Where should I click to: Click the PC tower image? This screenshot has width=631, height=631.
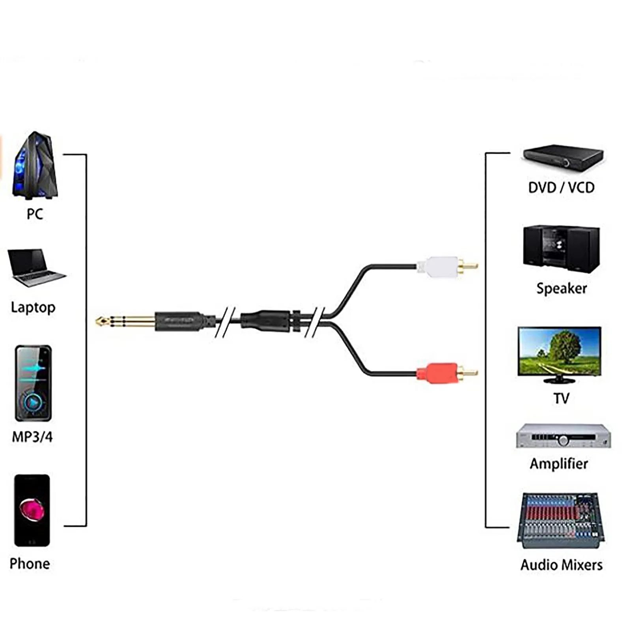[x=35, y=166]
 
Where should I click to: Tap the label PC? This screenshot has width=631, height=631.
[x=35, y=214]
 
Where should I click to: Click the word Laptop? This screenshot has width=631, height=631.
[x=33, y=307]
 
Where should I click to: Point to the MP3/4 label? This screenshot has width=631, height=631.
[x=32, y=437]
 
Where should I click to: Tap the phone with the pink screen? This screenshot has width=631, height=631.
[x=32, y=510]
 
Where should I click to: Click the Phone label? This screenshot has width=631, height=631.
[x=30, y=564]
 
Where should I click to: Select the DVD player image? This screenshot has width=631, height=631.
[x=563, y=158]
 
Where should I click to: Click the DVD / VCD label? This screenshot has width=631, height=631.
[x=561, y=188]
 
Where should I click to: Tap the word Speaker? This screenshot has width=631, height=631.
[x=562, y=289]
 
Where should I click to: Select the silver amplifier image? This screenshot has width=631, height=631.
[x=563, y=436]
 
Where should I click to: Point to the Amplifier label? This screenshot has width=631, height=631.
[x=559, y=464]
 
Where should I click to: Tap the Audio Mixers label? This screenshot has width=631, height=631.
[x=562, y=565]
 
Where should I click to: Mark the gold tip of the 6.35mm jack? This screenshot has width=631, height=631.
[x=101, y=322]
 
